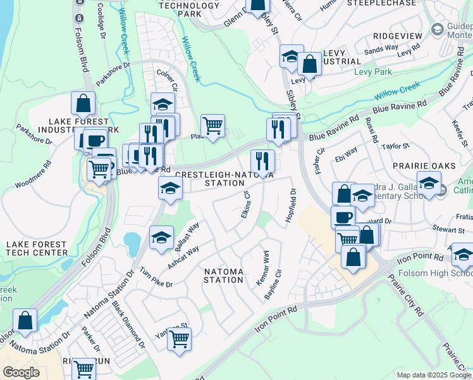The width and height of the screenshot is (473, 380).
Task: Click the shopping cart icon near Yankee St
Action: (180, 338)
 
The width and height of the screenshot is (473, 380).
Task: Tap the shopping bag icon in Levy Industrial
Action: (310, 64)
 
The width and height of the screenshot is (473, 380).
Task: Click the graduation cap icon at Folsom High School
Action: (463, 254)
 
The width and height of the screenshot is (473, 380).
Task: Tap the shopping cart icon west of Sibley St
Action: (212, 125)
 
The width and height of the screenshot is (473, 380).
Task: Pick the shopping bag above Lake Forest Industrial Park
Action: (83, 103)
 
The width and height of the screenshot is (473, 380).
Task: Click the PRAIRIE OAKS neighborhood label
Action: (424, 166)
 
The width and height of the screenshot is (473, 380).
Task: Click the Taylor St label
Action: (396, 146)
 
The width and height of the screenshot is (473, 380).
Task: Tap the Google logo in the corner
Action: (21, 372)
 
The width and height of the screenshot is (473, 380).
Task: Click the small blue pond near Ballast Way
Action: (132, 241)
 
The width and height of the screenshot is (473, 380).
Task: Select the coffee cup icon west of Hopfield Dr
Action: (343, 217)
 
